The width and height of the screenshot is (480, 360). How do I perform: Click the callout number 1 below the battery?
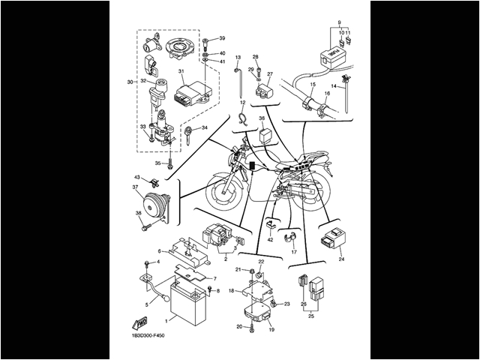(x=155, y=319)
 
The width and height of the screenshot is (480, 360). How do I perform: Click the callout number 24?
(x=341, y=259)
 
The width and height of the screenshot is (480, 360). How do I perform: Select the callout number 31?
(x=181, y=71)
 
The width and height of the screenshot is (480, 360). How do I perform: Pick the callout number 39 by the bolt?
(x=222, y=37)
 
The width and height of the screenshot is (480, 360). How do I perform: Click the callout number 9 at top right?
(x=339, y=23)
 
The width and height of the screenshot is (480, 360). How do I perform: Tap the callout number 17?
(x=295, y=253)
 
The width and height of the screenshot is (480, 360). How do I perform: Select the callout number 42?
(x=270, y=239)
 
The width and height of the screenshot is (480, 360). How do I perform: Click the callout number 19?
(x=271, y=329)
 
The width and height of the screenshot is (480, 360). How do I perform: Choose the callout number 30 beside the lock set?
(x=130, y=82)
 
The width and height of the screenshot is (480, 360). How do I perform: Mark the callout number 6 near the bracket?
(x=160, y=250)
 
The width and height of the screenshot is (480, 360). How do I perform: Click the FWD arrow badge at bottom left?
(x=140, y=323)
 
